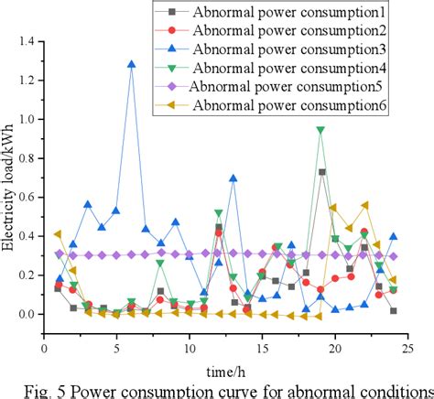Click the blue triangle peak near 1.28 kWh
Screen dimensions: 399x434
(132, 65)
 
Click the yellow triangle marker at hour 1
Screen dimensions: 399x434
(59, 234)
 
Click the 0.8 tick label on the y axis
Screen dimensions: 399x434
(27, 158)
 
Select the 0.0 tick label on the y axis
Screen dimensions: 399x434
(27, 314)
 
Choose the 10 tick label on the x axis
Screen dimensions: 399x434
(190, 349)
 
